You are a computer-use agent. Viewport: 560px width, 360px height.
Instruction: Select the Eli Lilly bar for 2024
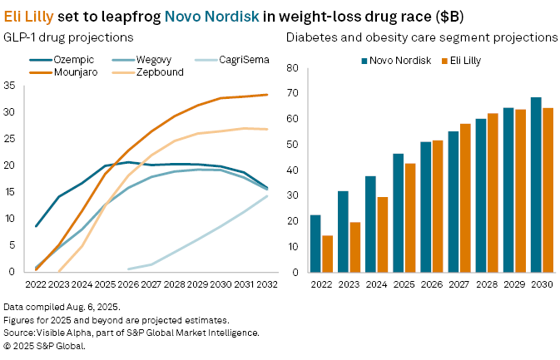383,234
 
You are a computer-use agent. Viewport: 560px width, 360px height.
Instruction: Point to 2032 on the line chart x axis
266,283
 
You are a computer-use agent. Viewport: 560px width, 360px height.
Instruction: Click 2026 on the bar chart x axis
431,283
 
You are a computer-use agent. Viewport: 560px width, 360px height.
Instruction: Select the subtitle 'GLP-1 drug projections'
62,37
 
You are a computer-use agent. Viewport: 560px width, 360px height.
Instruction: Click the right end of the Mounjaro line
266,95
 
